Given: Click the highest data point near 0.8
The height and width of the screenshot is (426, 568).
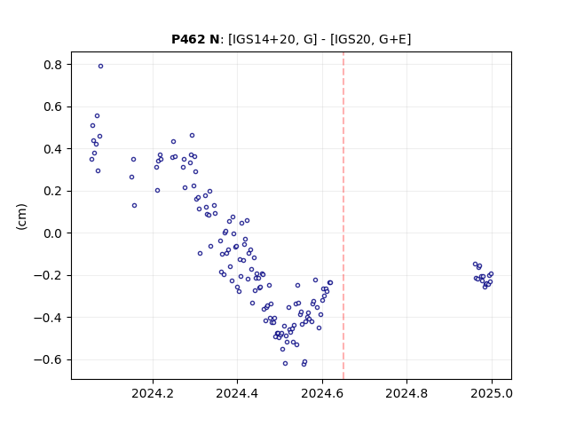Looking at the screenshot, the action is [x=100, y=67].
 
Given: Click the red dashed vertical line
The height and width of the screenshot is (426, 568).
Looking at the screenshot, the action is [x=343, y=216].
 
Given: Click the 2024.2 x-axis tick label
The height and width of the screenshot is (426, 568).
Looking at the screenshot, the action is [x=153, y=393].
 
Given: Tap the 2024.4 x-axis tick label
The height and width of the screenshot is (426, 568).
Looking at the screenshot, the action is [x=237, y=393].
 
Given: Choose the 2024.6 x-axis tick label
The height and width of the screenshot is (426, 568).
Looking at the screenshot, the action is [x=322, y=393].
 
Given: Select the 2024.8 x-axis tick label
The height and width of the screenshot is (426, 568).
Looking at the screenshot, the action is [x=406, y=393].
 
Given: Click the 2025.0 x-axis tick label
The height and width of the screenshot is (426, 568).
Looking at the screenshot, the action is [x=492, y=393].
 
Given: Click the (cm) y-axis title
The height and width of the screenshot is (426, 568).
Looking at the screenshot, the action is [x=21, y=217].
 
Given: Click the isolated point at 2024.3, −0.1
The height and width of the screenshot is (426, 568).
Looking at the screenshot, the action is [x=200, y=254].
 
